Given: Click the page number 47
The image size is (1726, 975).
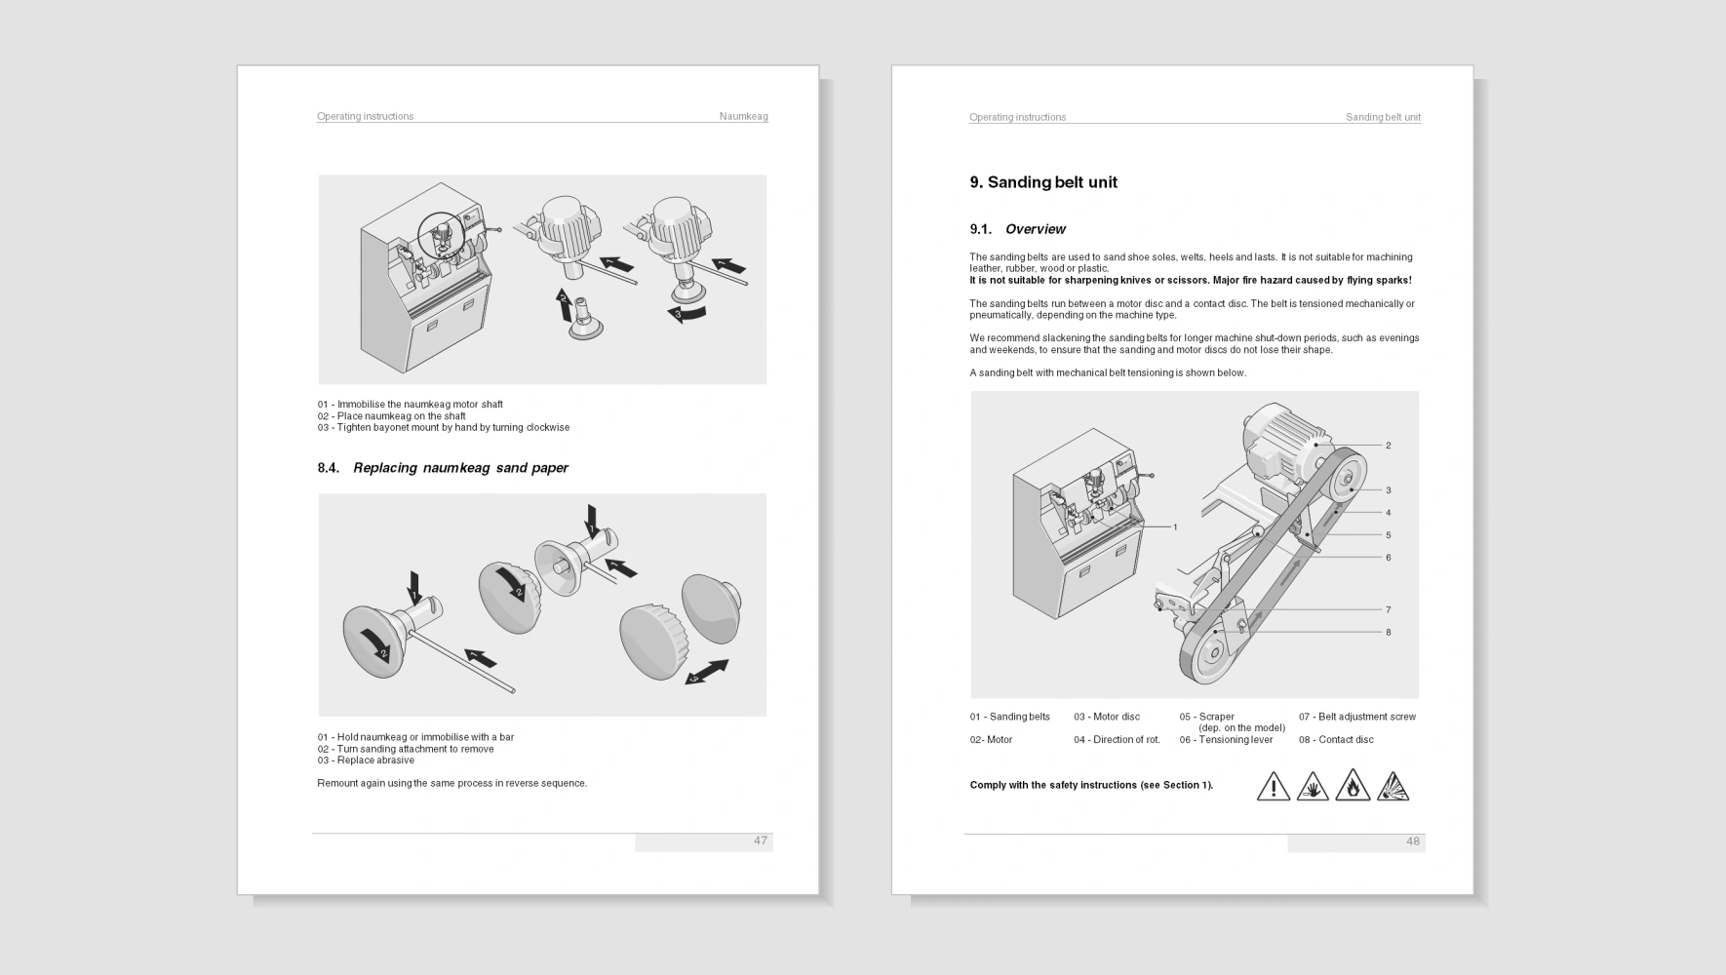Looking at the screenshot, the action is pyautogui.click(x=761, y=840).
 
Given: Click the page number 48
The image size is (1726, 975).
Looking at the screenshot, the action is pyautogui.click(x=1413, y=841).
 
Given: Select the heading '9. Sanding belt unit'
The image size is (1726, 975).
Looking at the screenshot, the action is pyautogui.click(x=1043, y=182).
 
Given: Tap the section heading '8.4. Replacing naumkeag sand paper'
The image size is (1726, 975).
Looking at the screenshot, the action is pyautogui.click(x=443, y=468).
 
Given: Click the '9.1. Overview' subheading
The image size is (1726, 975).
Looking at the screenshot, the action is pyautogui.click(x=1017, y=229).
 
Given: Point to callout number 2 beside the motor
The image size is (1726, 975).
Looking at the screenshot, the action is pyautogui.click(x=1389, y=446).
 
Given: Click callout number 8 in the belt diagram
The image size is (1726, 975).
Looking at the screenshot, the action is pyautogui.click(x=1389, y=632).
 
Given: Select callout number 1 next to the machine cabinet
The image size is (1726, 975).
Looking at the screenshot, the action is pyautogui.click(x=1175, y=527).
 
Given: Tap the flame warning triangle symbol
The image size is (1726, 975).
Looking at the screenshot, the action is pyautogui.click(x=1353, y=785).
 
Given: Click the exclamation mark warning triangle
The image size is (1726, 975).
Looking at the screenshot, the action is pyautogui.click(x=1274, y=785).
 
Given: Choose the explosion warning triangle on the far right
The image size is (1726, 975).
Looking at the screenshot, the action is pyautogui.click(x=1393, y=785).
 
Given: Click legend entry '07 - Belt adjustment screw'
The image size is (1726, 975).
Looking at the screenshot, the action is pyautogui.click(x=1357, y=717).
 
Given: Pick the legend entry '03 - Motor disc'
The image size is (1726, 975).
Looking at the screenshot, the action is pyautogui.click(x=1107, y=717).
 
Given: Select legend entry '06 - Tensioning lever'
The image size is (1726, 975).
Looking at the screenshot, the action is pyautogui.click(x=1226, y=740).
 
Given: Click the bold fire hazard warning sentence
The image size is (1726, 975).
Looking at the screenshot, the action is pyautogui.click(x=1191, y=281).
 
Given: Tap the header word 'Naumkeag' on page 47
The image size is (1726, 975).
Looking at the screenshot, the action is pyautogui.click(x=744, y=116).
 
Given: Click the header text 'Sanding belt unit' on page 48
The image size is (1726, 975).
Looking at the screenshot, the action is pyautogui.click(x=1383, y=117).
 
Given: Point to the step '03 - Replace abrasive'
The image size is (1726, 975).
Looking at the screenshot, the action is pyautogui.click(x=366, y=760).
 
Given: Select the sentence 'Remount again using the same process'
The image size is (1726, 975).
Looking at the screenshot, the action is pyautogui.click(x=452, y=783).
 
